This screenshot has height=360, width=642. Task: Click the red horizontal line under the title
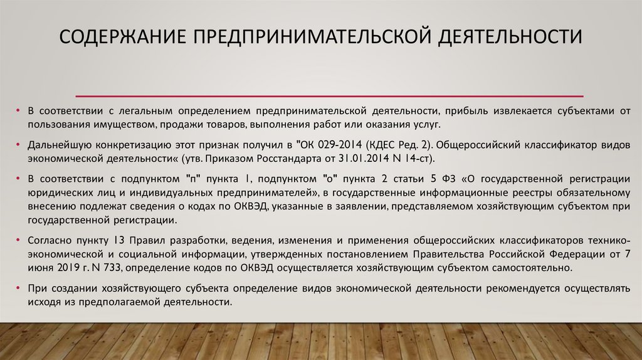click(x=330, y=96)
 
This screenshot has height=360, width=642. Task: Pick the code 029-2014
click(x=339, y=144)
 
